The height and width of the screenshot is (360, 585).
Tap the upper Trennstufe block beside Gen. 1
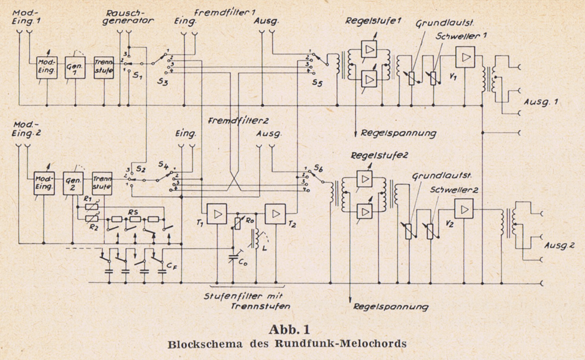click(104, 67)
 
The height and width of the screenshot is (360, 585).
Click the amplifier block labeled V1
click(466, 57)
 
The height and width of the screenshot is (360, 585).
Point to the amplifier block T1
click(217, 215)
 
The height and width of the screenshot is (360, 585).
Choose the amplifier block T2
click(276, 215)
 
